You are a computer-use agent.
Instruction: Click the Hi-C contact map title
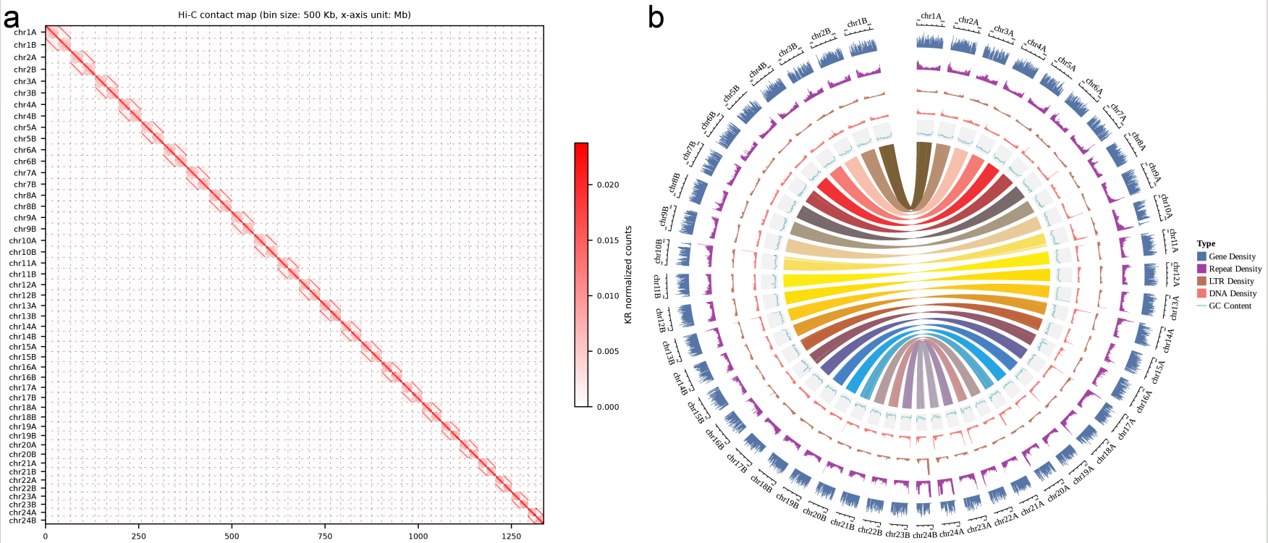[294, 14]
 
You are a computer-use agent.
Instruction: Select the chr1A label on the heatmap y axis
[25, 33]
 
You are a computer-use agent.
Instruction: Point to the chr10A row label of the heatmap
[22, 241]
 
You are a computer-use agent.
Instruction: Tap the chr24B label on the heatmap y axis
[22, 521]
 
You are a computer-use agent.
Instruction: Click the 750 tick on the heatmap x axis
[325, 536]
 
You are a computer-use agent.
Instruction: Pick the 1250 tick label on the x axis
[511, 536]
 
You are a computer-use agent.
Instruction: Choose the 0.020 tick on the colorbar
[608, 185]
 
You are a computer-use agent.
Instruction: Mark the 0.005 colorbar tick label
[608, 352]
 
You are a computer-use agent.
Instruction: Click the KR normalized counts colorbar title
[628, 274]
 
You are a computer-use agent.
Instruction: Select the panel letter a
[11, 17]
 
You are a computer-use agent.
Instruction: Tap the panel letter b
[656, 17]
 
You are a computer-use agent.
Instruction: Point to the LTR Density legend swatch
[1201, 281]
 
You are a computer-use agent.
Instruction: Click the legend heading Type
[1206, 243]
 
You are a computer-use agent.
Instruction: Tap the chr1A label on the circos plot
[931, 16]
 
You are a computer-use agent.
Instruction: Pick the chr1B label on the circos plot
[857, 23]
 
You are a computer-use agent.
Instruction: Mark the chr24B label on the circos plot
[925, 535]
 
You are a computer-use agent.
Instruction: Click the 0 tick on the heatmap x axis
[46, 536]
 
